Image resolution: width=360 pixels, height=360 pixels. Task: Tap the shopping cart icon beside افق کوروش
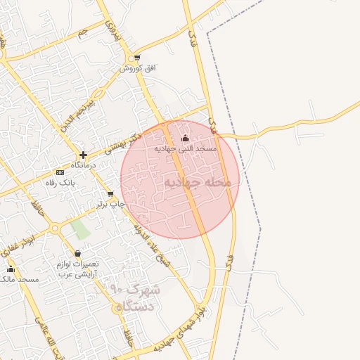click(x=137, y=58)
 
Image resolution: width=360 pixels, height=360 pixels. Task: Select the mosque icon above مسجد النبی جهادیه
click(x=186, y=138)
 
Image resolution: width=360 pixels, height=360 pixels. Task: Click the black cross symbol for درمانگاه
click(x=83, y=154)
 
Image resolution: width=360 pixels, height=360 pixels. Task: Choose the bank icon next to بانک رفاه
click(x=60, y=172)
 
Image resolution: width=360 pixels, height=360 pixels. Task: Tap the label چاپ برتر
click(x=110, y=204)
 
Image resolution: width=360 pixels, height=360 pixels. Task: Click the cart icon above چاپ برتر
click(x=110, y=194)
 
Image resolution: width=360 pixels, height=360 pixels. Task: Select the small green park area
click(x=82, y=229)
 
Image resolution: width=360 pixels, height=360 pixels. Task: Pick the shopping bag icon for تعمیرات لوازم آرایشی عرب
click(x=77, y=253)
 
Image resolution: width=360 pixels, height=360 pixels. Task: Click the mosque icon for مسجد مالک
click(x=11, y=269)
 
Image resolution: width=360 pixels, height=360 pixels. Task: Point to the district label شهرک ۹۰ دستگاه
click(x=136, y=297)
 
